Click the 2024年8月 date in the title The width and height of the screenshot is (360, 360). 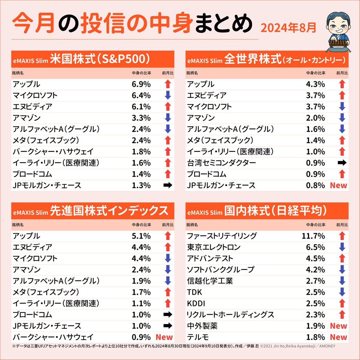tap(288, 28)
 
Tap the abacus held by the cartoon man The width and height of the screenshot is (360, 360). tap(339, 43)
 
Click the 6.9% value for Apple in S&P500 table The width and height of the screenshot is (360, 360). tap(141, 84)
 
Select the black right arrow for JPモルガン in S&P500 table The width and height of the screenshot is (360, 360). tap(168, 185)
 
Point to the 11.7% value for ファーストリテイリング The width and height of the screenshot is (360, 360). tap(313, 236)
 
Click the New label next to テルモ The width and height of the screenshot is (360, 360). tap(338, 337)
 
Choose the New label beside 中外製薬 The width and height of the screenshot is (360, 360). tap(338, 326)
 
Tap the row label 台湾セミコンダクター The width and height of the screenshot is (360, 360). tap(221, 163)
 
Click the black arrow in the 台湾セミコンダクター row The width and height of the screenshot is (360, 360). tap(342, 163)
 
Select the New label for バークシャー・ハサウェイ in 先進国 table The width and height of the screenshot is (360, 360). tap(164, 337)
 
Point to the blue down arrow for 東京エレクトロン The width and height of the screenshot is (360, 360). tap(342, 247)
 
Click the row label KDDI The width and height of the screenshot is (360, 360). tap(196, 304)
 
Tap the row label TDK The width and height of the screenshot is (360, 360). tap(194, 292)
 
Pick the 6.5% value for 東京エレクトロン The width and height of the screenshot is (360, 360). tap(315, 247)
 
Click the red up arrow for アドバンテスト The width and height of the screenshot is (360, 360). tap(342, 258)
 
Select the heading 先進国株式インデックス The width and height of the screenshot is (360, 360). tap(109, 211)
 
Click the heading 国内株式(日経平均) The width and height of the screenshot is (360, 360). tap(275, 211)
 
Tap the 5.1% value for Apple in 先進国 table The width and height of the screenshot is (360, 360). tap(141, 236)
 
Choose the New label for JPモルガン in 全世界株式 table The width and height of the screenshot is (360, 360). tap(338, 185)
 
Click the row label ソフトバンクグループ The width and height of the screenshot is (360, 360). tap(220, 270)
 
